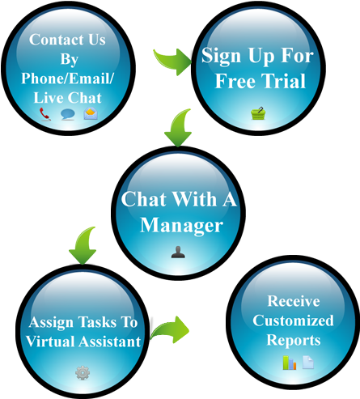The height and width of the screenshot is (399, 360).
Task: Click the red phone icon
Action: pos(45,114)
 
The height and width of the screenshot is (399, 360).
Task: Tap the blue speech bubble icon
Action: pos(67,114)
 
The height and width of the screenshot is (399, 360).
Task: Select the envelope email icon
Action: pos(91,113)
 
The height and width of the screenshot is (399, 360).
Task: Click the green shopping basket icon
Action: pos(258,113)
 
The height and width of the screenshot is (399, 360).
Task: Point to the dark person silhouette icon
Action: pos(178,252)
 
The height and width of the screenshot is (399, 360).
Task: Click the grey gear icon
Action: pos(83,372)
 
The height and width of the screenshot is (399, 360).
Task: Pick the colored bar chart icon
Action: pos(290,363)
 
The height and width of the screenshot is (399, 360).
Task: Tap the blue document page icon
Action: pos(308,362)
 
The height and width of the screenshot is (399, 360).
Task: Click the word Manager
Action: pos(181,225)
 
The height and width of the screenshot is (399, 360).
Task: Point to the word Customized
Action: pos(293,320)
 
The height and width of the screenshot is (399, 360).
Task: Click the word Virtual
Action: pos(51,342)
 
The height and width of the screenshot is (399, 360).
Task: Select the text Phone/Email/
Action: pos(67,79)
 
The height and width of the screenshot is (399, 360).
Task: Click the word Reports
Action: pos(294,341)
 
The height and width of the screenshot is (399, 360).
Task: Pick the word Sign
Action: pos(221,56)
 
